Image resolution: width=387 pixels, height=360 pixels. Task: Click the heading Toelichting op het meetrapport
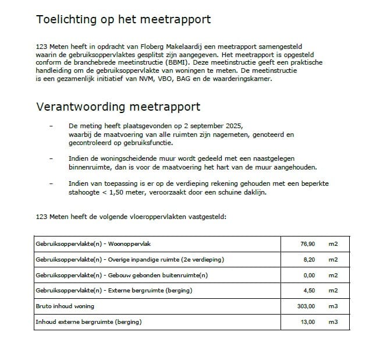click(123, 20)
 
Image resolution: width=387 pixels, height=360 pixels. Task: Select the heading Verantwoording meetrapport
click(118, 107)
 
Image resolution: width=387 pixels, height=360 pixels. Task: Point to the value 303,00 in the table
click(305, 306)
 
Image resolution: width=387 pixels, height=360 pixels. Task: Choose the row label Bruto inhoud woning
click(65, 306)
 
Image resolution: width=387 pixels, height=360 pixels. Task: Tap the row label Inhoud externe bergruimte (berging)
click(88, 322)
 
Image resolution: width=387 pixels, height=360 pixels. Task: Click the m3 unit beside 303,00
click(332, 306)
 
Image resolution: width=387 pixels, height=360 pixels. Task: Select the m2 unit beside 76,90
click(332, 243)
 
